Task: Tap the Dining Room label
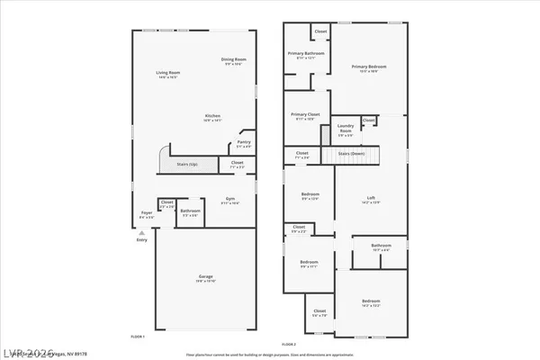[x=234, y=61]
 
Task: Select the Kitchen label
[x=213, y=117]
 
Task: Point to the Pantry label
[x=243, y=142]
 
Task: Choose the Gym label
[x=229, y=200]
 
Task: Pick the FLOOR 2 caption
[x=288, y=344]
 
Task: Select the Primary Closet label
[x=305, y=116]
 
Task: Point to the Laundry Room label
[x=346, y=131]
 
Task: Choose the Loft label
[x=369, y=199]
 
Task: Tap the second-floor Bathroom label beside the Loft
[x=381, y=246]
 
